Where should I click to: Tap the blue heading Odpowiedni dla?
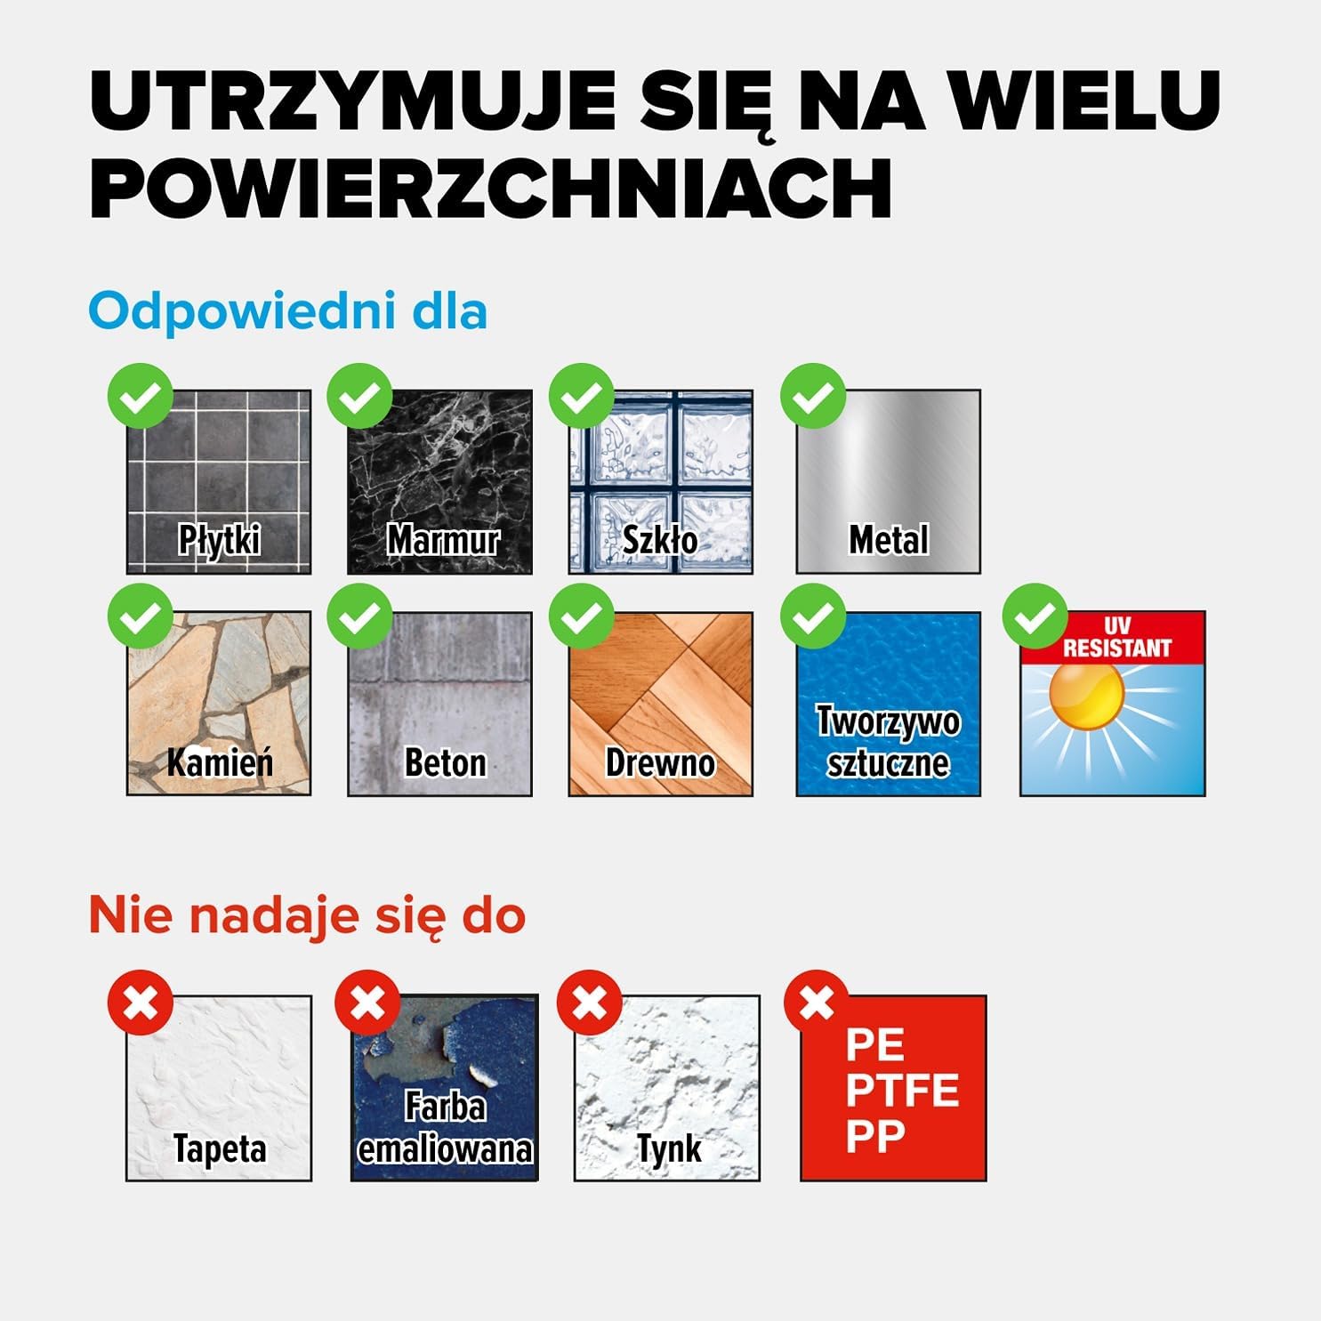tap(287, 311)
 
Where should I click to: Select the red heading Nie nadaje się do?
tap(307, 915)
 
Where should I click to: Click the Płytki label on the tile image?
tap(219, 539)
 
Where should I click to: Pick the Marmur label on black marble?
tap(442, 539)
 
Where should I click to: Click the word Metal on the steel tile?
tap(888, 539)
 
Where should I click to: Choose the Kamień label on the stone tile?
tap(219, 762)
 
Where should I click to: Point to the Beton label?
tap(445, 762)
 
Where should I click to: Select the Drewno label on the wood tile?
tap(660, 762)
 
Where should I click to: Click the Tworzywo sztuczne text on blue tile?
tap(888, 742)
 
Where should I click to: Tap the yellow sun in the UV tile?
tap(1086, 693)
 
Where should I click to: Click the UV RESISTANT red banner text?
tap(1116, 638)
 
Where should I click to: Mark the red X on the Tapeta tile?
tap(141, 1003)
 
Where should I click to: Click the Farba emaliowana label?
tap(445, 1128)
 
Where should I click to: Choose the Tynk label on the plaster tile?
tap(669, 1148)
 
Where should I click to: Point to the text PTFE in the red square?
tap(902, 1090)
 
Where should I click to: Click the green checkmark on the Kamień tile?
tap(141, 616)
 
